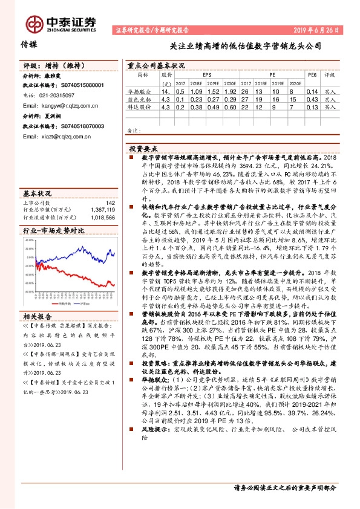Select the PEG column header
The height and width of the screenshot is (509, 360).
tap(312, 76)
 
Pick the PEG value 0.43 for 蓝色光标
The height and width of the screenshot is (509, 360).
tap(312, 99)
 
